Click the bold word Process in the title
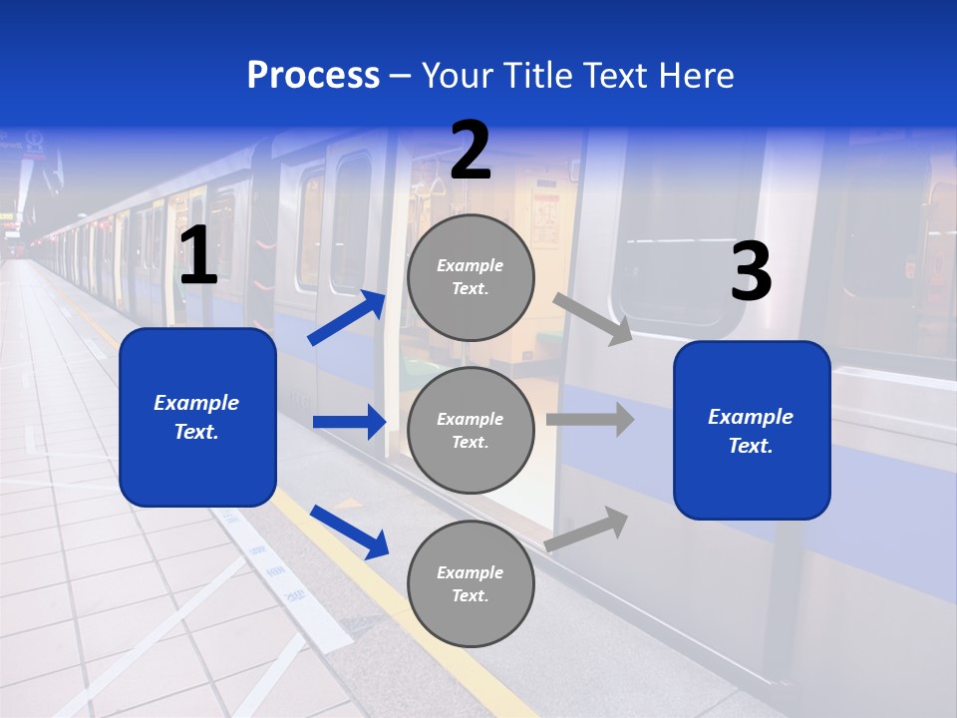click(x=313, y=76)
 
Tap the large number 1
click(x=198, y=256)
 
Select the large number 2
click(x=471, y=151)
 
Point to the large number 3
click(x=751, y=271)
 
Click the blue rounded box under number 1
click(x=197, y=417)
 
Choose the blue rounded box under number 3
click(x=752, y=430)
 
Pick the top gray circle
click(x=471, y=277)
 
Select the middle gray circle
click(x=471, y=430)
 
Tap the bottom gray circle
click(x=471, y=583)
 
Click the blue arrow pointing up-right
click(x=347, y=318)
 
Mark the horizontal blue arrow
click(x=349, y=422)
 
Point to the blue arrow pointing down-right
click(x=349, y=532)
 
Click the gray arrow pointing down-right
click(x=593, y=319)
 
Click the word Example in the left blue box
click(x=196, y=403)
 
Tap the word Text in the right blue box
click(x=750, y=446)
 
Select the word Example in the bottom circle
click(x=471, y=572)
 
